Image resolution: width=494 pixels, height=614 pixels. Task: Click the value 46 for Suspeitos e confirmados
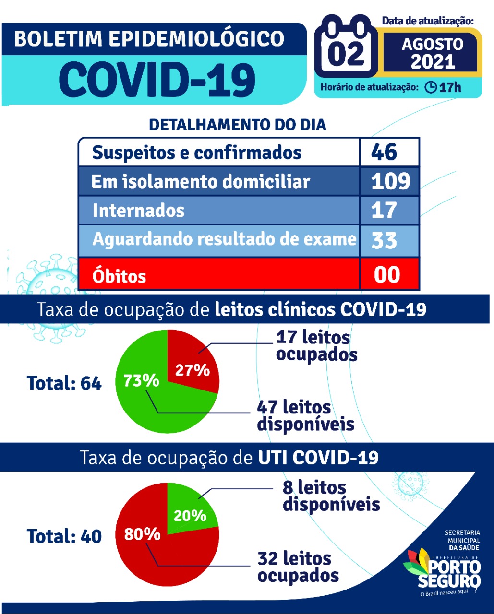(x=384, y=153)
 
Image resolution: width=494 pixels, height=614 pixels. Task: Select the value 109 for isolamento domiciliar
(x=391, y=181)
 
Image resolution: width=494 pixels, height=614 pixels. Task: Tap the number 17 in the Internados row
(x=384, y=210)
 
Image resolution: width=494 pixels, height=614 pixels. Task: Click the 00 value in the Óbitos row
(x=387, y=274)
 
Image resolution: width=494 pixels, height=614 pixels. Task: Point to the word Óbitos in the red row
(x=120, y=276)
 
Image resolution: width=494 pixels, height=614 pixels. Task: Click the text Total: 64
(x=64, y=383)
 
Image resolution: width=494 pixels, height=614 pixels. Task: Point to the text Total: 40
(x=64, y=536)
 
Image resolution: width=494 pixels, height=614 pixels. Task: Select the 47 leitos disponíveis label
(x=305, y=415)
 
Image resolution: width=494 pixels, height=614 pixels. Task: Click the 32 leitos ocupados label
(x=298, y=567)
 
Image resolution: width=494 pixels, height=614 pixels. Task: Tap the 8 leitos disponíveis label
(x=331, y=496)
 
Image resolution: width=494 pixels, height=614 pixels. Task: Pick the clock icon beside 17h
(x=431, y=87)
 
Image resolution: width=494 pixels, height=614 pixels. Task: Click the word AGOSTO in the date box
(x=432, y=45)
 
